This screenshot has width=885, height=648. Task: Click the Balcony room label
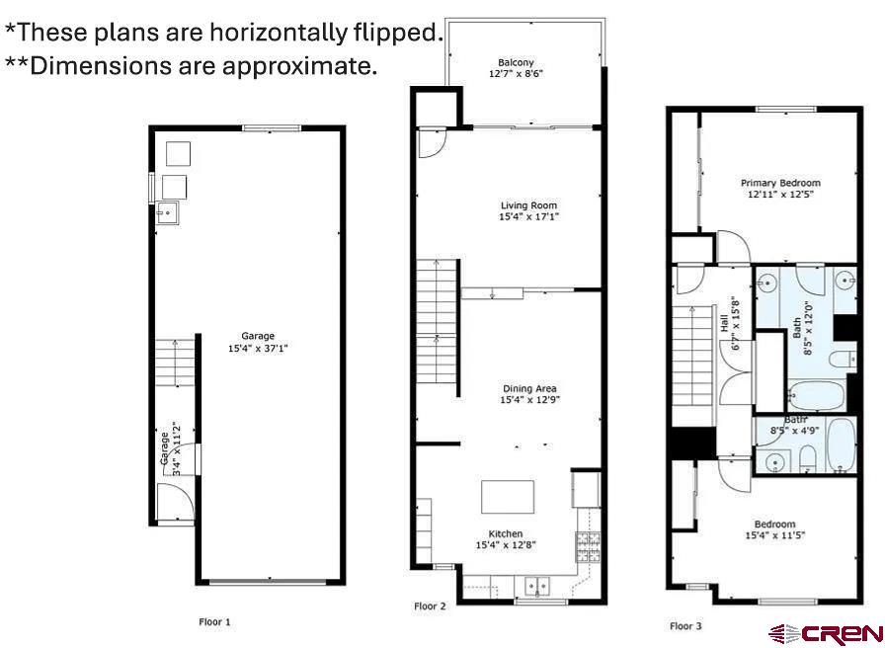click(x=516, y=68)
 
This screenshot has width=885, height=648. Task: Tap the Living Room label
click(x=528, y=210)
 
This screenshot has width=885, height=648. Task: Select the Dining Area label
click(x=529, y=394)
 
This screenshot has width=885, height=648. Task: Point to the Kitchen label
click(x=506, y=539)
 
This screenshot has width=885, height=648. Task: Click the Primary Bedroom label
click(x=780, y=189)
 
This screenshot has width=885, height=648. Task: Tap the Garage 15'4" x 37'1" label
click(x=258, y=342)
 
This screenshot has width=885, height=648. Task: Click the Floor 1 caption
click(x=214, y=622)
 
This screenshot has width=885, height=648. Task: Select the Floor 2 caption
click(x=430, y=607)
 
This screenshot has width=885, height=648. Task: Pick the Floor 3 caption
click(x=685, y=625)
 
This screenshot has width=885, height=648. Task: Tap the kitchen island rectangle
click(x=508, y=497)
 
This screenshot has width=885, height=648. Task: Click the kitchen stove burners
click(x=588, y=547)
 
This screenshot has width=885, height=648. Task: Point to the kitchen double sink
click(x=537, y=586)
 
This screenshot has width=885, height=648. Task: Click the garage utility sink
click(x=168, y=212)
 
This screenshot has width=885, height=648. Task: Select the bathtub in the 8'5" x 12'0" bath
click(x=816, y=394)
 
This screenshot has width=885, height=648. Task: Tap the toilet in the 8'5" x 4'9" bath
click(x=808, y=458)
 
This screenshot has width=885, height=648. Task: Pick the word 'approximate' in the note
click(x=299, y=66)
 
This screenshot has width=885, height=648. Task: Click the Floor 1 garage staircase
click(x=175, y=363)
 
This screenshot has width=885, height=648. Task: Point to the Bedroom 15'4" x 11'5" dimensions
click(x=775, y=535)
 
